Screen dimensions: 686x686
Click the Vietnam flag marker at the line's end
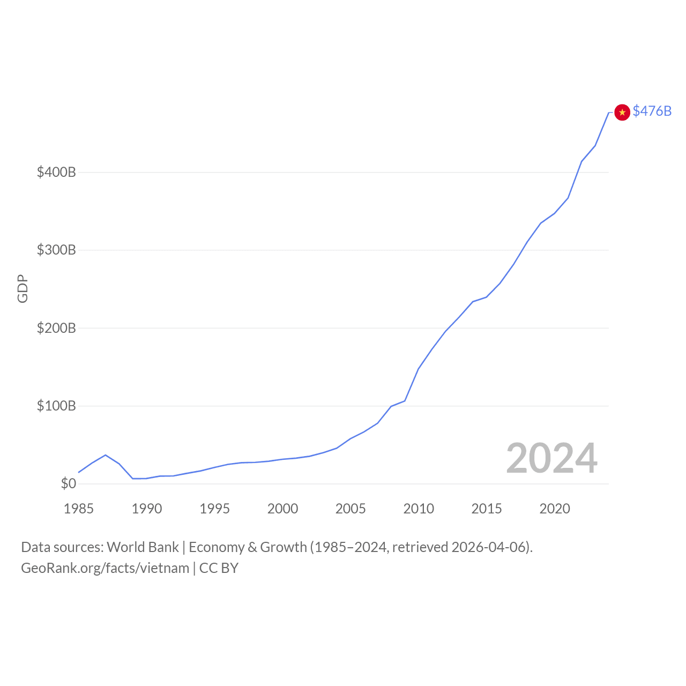tap(622, 112)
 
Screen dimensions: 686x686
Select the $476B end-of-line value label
tap(652, 111)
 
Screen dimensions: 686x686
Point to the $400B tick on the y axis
tap(56, 172)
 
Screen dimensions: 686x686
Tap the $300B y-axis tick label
tap(56, 250)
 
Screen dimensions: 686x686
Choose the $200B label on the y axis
tap(56, 328)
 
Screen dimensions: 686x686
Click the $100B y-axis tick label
tap(56, 406)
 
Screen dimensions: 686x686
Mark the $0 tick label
tap(68, 483)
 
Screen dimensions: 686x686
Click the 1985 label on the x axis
tap(79, 509)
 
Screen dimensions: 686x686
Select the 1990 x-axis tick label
tap(147, 509)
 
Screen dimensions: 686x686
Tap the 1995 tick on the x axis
tap(214, 509)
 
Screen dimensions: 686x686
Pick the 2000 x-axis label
tap(282, 509)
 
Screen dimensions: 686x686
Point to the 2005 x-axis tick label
tap(351, 509)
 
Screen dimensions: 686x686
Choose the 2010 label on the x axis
tap(419, 509)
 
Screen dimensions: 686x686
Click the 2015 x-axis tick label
tap(487, 509)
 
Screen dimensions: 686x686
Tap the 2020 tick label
tap(555, 509)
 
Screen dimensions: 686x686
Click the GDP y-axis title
tap(23, 288)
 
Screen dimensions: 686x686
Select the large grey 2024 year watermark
tap(551, 458)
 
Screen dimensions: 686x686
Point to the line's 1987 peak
tap(106, 455)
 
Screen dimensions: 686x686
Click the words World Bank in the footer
tap(143, 547)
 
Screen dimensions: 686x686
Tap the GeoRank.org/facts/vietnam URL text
tap(105, 568)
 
